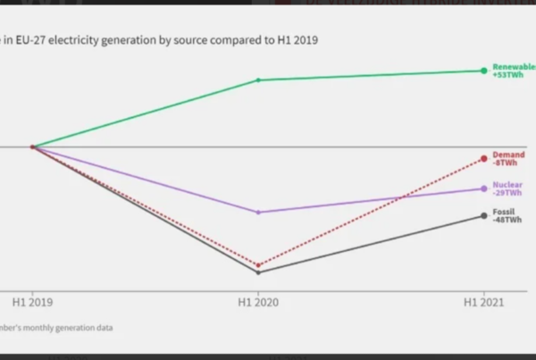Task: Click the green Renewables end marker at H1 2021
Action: coord(484,70)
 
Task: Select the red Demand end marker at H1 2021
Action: coord(484,158)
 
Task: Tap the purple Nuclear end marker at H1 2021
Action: coord(484,188)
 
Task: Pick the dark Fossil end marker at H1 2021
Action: coord(484,215)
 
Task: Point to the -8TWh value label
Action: coord(505,163)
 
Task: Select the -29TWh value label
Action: coord(507,193)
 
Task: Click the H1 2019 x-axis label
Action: coord(32,304)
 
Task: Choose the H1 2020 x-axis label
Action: coord(258,304)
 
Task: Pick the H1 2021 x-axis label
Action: coord(483,304)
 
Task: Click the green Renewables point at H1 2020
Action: coord(258,80)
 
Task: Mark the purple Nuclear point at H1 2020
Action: coord(258,212)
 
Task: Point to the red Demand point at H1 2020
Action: coord(258,265)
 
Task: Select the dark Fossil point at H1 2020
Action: coord(258,272)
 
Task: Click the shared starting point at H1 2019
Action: coord(32,147)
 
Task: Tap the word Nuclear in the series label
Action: coord(507,185)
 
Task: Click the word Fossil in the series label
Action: coord(504,212)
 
